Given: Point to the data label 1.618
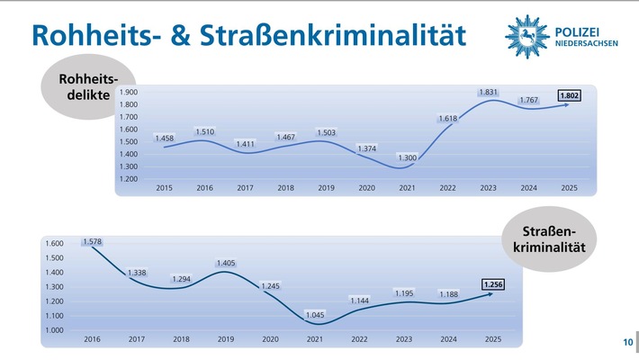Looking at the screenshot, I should [x=448, y=118].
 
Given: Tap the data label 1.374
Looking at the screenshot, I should [x=366, y=148].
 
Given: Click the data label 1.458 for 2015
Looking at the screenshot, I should [x=165, y=138].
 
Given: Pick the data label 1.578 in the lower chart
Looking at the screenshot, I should [x=92, y=241].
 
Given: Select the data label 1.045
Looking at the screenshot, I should [x=313, y=315].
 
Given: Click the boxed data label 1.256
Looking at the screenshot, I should [x=494, y=285].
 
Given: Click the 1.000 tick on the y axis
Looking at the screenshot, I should [x=54, y=330].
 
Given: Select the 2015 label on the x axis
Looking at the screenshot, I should [x=165, y=187].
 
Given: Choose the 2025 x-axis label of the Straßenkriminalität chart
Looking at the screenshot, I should [x=494, y=339].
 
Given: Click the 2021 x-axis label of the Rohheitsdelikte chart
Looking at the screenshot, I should [x=407, y=187].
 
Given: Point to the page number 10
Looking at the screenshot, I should [x=626, y=342].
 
